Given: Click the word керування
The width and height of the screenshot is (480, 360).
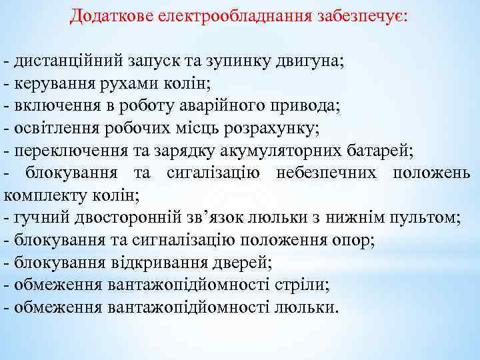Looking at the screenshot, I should pyautogui.click(x=53, y=84).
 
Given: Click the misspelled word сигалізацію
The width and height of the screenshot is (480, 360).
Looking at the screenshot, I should pyautogui.click(x=212, y=173).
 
